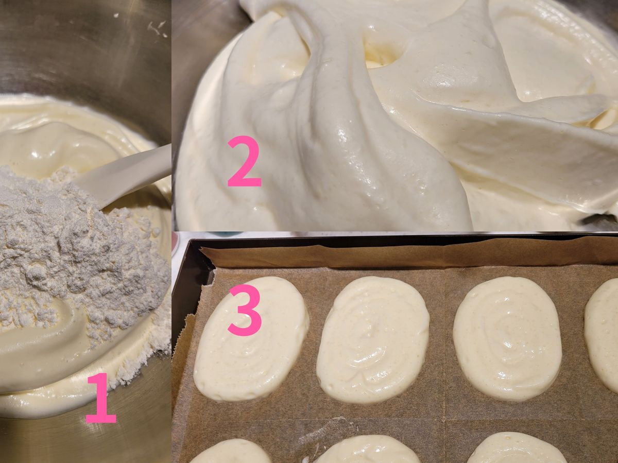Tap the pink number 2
(245, 161)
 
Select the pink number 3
(245, 310)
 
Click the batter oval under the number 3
(251, 339)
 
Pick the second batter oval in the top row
(373, 339)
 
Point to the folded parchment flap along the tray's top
(408, 255)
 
